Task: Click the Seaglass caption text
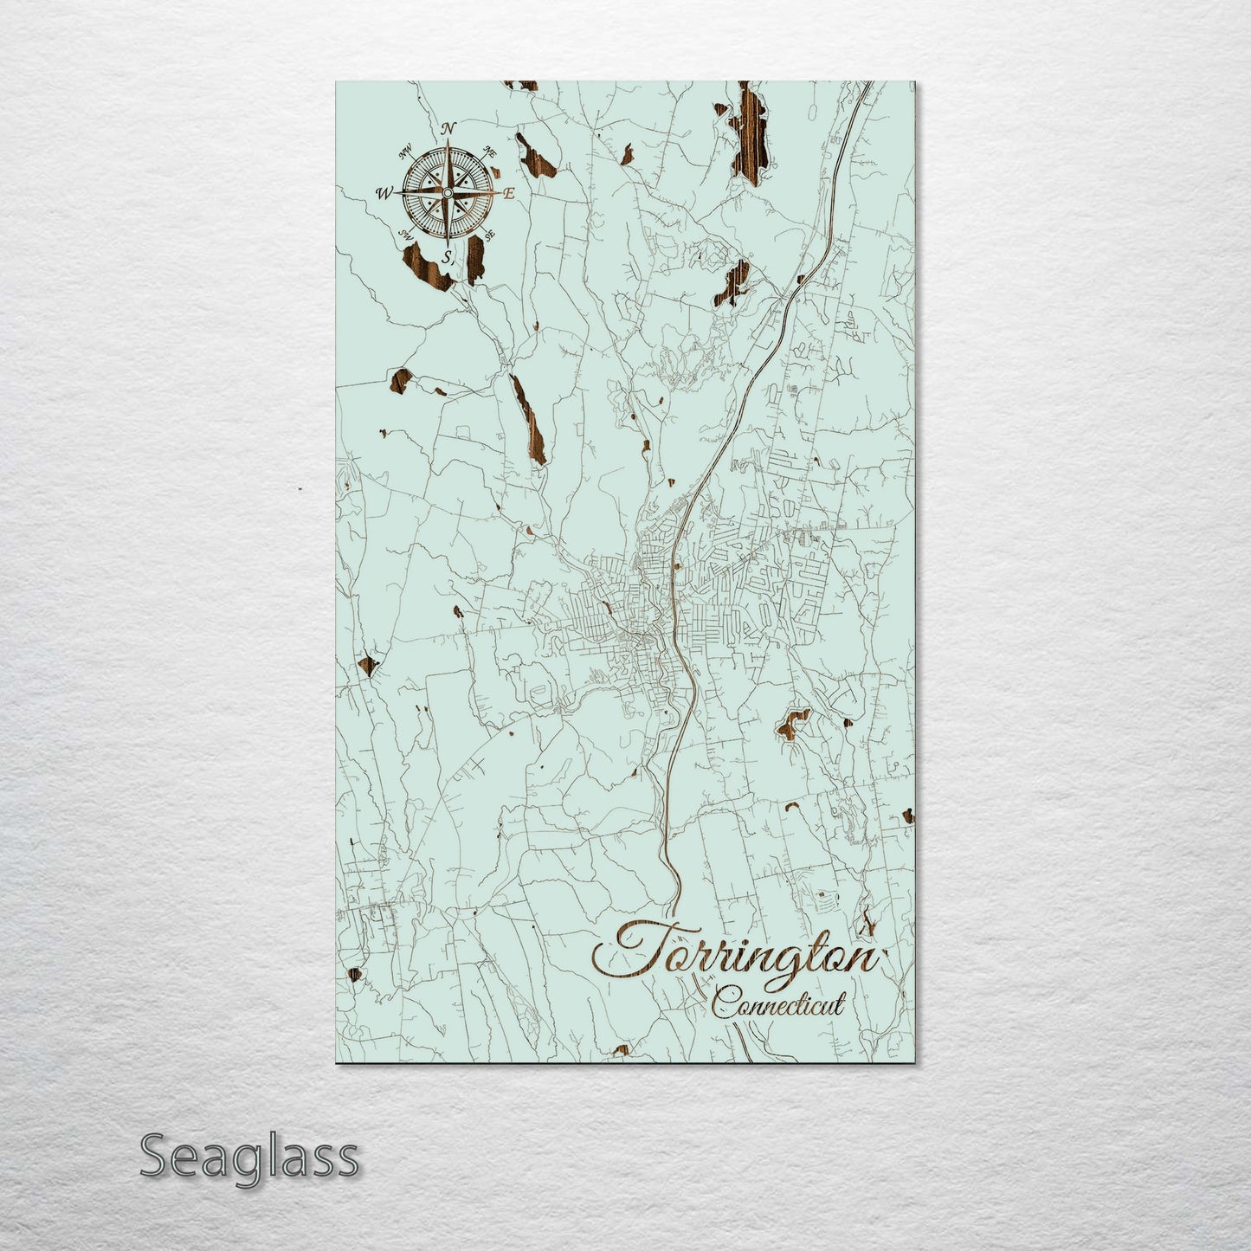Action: [x=248, y=1157]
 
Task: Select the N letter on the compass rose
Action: [x=448, y=129]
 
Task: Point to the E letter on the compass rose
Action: [x=509, y=194]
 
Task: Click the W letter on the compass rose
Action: [x=383, y=194]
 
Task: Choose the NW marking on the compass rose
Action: [x=404, y=155]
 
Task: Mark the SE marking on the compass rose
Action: [x=489, y=234]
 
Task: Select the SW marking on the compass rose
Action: [x=404, y=234]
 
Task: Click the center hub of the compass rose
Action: [x=447, y=192]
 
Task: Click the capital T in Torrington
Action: [x=636, y=948]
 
